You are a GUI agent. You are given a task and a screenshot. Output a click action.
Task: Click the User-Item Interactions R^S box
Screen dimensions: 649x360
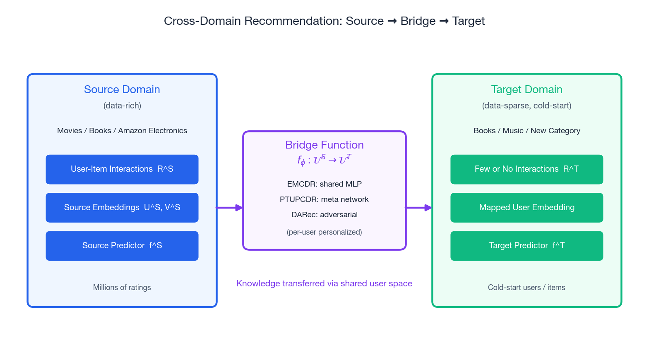tap(122, 169)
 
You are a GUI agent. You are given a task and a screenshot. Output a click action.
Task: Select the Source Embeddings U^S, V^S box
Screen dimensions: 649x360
tap(122, 208)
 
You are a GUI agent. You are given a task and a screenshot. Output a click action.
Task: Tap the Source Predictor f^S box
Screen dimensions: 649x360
tap(122, 246)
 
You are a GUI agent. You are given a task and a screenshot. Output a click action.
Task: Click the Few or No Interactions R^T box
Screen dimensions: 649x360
tap(527, 169)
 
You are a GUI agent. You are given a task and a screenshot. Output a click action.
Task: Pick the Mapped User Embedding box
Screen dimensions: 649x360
tap(527, 208)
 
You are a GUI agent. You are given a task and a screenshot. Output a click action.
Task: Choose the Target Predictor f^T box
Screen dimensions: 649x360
tap(527, 246)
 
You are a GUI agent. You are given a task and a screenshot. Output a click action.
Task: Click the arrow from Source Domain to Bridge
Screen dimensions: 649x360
tap(230, 208)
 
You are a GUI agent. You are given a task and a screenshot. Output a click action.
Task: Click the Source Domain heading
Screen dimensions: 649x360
tap(122, 89)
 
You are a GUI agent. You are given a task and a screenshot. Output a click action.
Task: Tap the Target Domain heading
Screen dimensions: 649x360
tap(527, 89)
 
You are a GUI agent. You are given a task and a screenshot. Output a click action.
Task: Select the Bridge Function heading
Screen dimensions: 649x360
tap(324, 145)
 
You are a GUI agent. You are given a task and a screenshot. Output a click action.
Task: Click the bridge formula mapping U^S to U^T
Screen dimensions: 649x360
tap(324, 160)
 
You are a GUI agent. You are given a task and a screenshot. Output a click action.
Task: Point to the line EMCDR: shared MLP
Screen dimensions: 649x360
tap(324, 184)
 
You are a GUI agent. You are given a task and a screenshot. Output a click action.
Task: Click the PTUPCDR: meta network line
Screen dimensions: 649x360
tap(324, 199)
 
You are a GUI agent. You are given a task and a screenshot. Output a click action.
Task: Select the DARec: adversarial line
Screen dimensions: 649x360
tap(324, 215)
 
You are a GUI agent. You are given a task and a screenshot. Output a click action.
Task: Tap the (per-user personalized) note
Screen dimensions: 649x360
tap(324, 232)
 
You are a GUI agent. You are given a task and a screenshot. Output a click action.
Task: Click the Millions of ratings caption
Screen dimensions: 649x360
tap(122, 287)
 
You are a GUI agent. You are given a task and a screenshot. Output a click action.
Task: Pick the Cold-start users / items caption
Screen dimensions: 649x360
tap(527, 287)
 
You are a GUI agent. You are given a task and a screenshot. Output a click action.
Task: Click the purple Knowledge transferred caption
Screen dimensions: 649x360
tap(324, 283)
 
